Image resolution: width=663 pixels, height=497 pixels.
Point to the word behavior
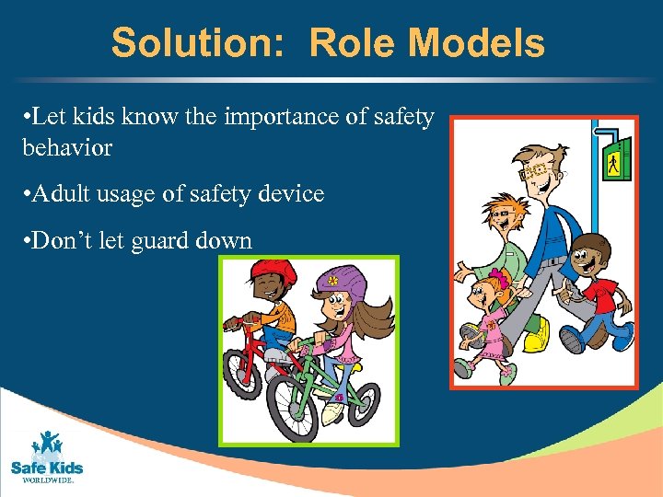66,147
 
